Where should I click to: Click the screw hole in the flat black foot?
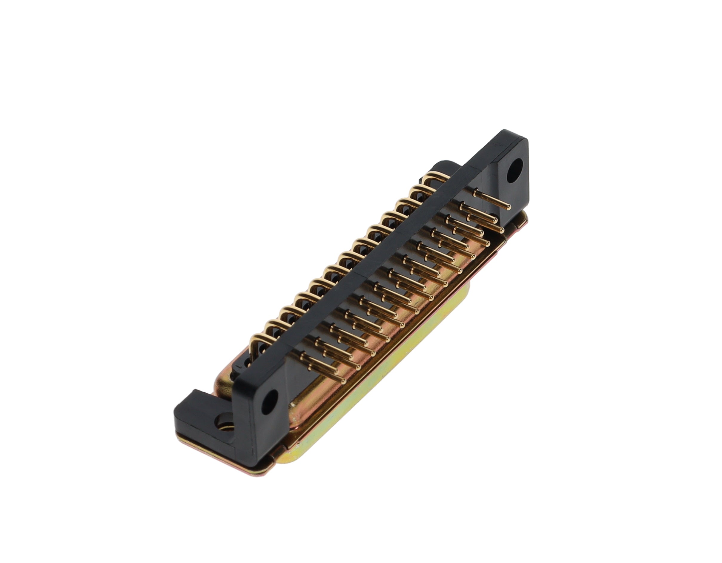coord(222,423)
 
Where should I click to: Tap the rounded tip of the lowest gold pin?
coord(343,382)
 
